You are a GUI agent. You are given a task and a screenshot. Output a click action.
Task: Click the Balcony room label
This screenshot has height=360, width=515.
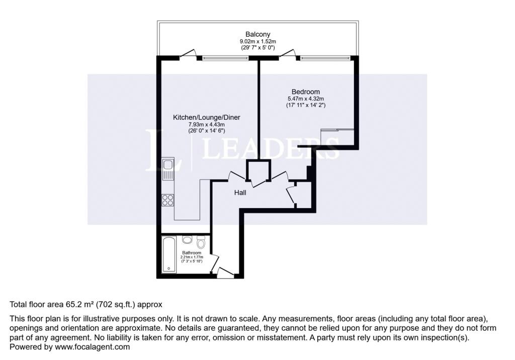pos(258,34)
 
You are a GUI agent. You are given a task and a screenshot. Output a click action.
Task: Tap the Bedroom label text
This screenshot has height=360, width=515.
pos(305,92)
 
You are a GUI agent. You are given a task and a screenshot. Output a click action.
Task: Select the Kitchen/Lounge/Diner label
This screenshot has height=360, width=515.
pos(207,117)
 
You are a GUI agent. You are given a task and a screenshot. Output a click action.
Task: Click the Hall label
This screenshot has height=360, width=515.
pos(240,193)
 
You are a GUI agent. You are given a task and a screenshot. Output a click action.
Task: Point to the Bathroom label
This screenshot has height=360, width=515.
pos(192,253)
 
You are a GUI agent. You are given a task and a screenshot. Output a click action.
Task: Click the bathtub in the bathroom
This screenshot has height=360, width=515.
pos(169,254)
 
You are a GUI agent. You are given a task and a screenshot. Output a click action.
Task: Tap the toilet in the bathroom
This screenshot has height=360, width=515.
pos(201,243)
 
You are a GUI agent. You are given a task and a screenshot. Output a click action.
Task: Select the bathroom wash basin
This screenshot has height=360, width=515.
pos(187,240)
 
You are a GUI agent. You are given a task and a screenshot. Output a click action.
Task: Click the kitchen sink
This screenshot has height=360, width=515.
pos(168,169)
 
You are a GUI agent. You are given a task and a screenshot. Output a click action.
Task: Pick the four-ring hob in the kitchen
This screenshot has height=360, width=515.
pos(168,200)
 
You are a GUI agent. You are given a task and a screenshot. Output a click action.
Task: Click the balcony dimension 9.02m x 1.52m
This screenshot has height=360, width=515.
pos(258,41)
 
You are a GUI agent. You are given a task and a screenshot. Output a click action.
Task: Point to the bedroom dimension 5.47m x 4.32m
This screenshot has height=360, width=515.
pos(306,99)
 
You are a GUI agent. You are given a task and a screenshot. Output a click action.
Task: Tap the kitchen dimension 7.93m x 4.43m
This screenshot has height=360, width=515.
pos(207,125)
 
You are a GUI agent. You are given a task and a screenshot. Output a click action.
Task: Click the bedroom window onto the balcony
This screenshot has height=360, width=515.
pos(325,58)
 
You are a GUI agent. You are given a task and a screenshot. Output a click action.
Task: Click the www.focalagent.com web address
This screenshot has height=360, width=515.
pos(93,347)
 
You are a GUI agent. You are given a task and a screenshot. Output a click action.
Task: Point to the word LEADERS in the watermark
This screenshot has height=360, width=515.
pos(270,148)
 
